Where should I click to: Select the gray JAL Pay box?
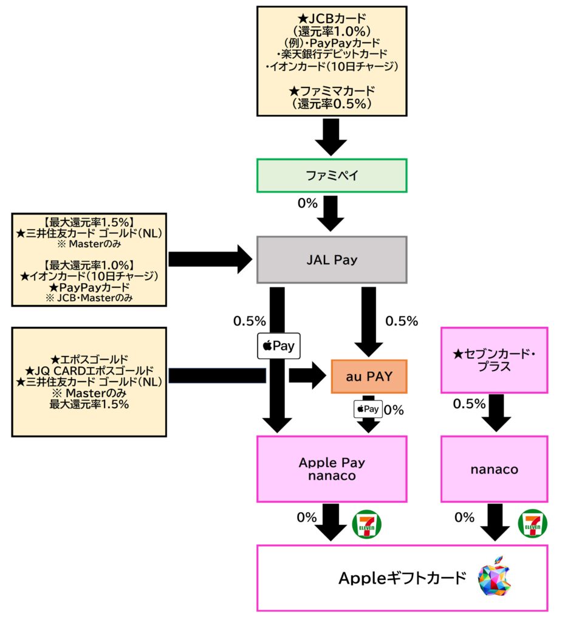coord(331,260)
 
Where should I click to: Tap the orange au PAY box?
coord(369,377)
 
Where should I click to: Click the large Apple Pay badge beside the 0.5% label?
coord(278,346)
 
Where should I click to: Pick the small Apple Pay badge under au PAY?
coord(368,409)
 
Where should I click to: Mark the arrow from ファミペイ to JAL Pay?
coord(331,213)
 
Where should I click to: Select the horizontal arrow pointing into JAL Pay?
coord(210,259)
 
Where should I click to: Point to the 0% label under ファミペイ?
coord(307,203)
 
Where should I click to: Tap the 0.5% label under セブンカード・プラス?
coord(470,404)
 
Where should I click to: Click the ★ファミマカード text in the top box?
coord(331,91)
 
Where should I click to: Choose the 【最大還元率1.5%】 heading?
coord(89,221)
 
